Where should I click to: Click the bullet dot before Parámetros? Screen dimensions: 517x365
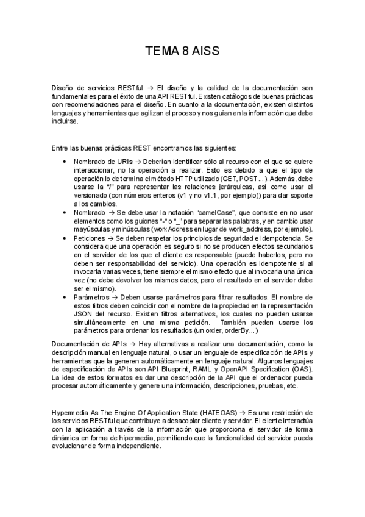click(66, 296)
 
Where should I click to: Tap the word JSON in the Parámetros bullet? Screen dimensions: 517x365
click(83, 313)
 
